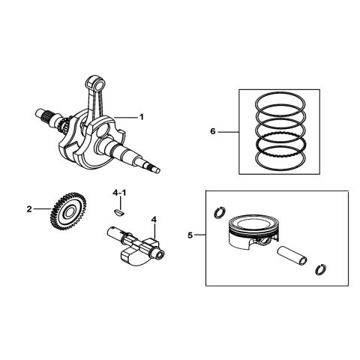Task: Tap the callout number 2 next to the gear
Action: click(29, 210)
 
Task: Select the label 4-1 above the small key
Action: click(120, 193)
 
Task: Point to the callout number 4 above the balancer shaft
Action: click(154, 220)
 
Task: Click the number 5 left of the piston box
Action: click(190, 235)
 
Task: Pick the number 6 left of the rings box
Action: click(214, 131)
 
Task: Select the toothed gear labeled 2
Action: click(67, 214)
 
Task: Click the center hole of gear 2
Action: click(68, 214)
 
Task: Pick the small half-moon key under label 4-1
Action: click(115, 212)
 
